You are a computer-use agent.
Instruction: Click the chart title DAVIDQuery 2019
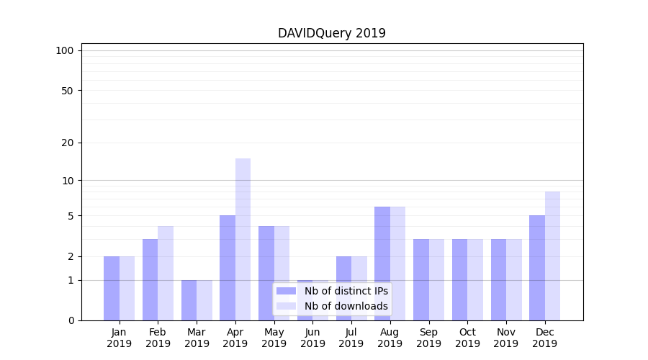tap(331, 33)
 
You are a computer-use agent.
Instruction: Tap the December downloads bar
tap(552, 256)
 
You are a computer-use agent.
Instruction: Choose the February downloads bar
tap(166, 273)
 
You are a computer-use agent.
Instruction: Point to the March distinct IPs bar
tap(189, 300)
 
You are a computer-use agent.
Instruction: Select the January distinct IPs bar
tap(112, 288)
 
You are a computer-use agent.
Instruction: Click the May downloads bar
tap(282, 273)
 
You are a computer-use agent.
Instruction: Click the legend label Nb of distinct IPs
tap(346, 291)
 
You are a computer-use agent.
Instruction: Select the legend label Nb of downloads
tap(346, 306)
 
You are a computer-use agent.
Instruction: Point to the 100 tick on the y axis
tap(65, 50)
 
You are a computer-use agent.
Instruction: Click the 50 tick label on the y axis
tap(67, 91)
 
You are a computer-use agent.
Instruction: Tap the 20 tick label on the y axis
tap(67, 143)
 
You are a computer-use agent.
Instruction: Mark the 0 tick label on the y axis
tap(71, 320)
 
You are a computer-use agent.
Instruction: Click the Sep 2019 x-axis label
tap(428, 338)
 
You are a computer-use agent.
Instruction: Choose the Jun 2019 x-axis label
tap(312, 338)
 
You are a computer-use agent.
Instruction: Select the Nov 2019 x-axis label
tap(505, 338)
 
